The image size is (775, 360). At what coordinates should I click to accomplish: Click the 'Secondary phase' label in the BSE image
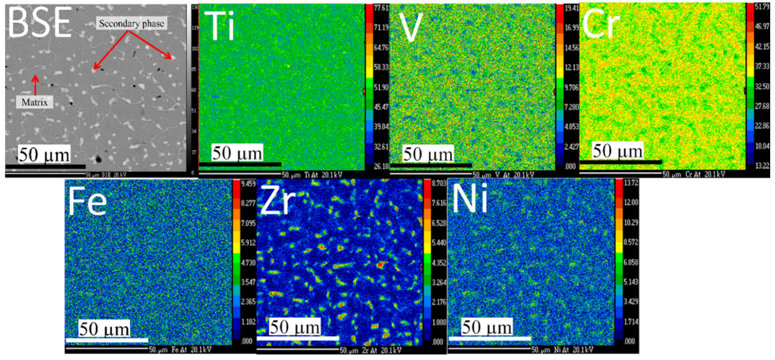pos(131,23)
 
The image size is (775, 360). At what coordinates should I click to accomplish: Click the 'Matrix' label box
pos(35,102)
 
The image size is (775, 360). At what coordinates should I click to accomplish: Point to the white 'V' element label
pos(411,27)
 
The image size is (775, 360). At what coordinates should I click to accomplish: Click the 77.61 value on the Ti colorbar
pos(381,8)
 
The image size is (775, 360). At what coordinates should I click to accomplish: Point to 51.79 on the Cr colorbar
pos(762,7)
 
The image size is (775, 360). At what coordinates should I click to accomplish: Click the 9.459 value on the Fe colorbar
pos(248,184)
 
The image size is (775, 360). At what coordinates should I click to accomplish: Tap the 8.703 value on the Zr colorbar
pos(439,183)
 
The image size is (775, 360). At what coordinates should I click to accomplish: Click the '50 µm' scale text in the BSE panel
pos(44,155)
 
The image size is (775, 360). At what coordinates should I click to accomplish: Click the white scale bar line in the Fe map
pos(107,340)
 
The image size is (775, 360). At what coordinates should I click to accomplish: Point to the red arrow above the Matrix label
pos(35,85)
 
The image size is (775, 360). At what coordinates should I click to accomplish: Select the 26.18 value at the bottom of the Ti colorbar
pos(381,166)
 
